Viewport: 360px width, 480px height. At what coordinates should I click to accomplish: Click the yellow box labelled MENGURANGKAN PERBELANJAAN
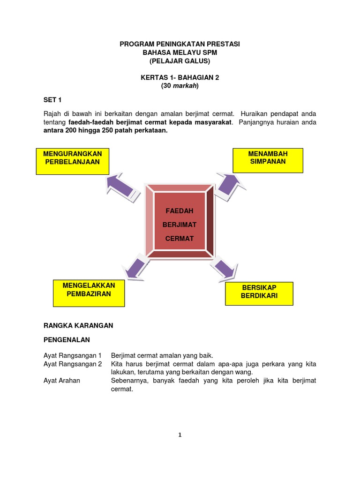coord(73,161)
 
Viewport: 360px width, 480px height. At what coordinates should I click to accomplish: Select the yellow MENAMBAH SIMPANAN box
coord(268,161)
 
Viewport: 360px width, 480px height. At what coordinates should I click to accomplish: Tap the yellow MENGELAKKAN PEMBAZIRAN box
coord(88,293)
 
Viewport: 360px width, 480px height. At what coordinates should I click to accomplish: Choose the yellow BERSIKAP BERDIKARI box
coord(259,293)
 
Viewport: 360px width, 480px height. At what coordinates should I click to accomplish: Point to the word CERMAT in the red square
coord(180,239)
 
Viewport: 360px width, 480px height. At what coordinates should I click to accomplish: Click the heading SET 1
coord(52,100)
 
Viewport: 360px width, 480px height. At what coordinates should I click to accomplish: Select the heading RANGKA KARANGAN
coord(78,325)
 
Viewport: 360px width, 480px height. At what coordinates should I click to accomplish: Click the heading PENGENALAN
coord(67,339)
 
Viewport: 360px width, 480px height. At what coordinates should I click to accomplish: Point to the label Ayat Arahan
coord(62,381)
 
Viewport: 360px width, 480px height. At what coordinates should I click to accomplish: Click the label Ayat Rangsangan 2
coord(73,364)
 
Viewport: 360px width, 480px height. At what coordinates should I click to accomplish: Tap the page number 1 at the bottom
coord(180,435)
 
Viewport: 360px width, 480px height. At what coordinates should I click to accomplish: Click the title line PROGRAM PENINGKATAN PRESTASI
coord(180,44)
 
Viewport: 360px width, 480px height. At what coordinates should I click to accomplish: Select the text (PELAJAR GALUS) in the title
coord(180,61)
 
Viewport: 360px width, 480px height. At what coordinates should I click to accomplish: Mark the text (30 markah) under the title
coord(180,86)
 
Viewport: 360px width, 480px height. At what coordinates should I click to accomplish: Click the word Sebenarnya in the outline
coord(127,381)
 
